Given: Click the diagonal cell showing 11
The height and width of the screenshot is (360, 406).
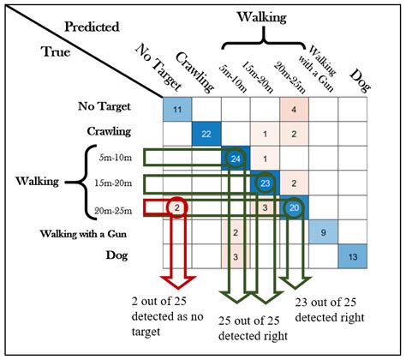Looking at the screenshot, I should click(x=176, y=110).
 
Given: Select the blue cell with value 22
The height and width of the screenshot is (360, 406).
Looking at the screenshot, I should click(x=206, y=134).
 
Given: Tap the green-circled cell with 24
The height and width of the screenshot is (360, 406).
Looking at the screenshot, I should click(x=236, y=159).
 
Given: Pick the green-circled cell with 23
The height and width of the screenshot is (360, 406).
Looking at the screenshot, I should click(x=265, y=183).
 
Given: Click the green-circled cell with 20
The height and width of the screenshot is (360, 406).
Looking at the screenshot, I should click(x=294, y=207).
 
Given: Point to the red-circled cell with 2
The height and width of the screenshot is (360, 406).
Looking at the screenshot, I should click(x=176, y=207).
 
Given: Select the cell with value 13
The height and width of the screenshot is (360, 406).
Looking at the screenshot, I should click(x=352, y=256).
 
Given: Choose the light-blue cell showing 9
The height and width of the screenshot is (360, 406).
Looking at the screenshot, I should click(x=323, y=231).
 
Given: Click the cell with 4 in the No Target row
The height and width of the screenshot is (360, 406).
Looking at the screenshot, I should click(x=294, y=110).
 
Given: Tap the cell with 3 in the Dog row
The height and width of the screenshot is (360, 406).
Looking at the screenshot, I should click(x=236, y=256).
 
